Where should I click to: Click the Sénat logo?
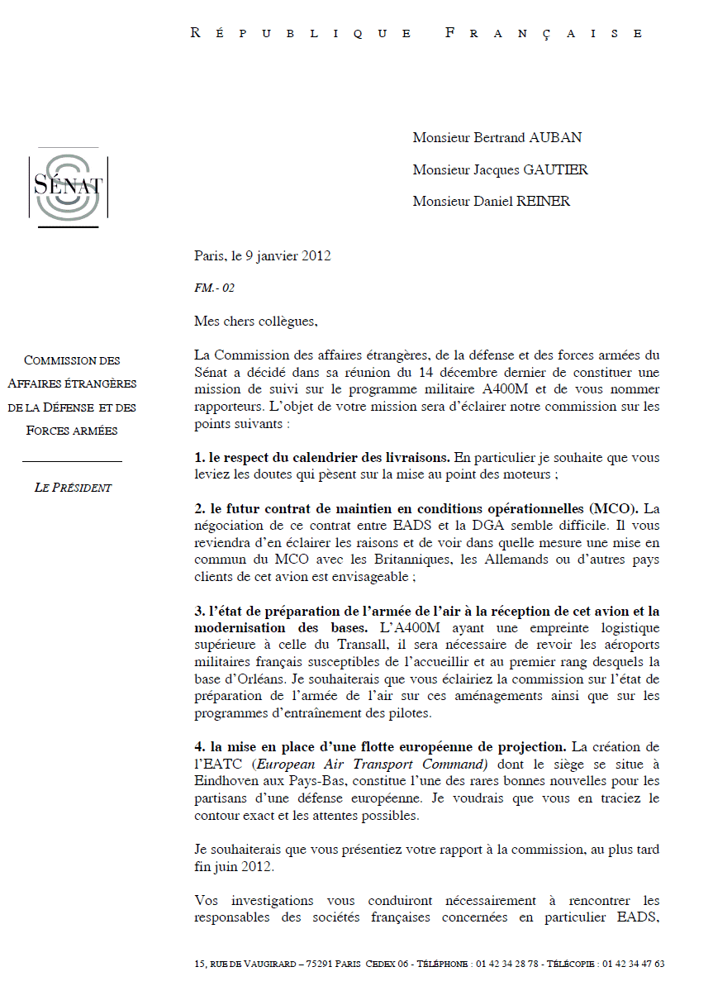click(x=68, y=187)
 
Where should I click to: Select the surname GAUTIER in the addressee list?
click(x=556, y=169)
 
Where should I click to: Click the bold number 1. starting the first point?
click(x=199, y=457)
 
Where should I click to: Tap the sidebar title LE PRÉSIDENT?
click(x=73, y=488)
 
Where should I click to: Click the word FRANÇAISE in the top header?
click(x=544, y=34)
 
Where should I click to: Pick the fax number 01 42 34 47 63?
click(x=634, y=964)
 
